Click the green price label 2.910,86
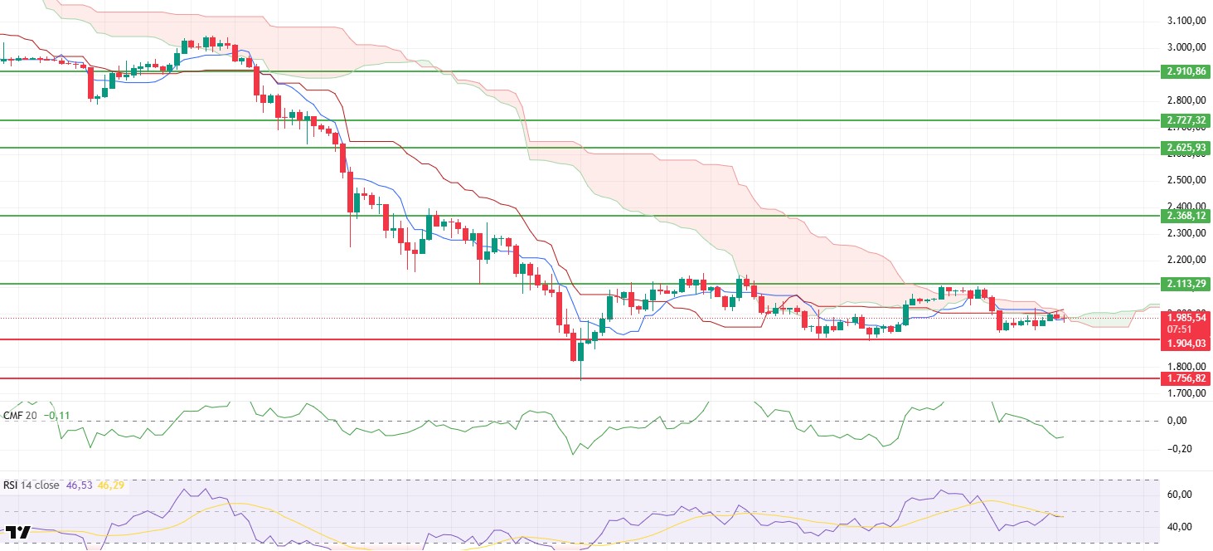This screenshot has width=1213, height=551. coord(1186,72)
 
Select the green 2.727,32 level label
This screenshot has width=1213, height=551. coord(1186,120)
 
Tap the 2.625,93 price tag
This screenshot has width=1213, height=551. coord(1186,148)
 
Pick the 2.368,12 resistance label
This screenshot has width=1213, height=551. coord(1186,216)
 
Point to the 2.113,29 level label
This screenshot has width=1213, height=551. coord(1186,284)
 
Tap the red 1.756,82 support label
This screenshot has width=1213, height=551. coord(1186,378)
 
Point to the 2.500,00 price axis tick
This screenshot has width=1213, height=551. coord(1186,180)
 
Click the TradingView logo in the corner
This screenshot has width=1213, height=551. coord(18,532)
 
